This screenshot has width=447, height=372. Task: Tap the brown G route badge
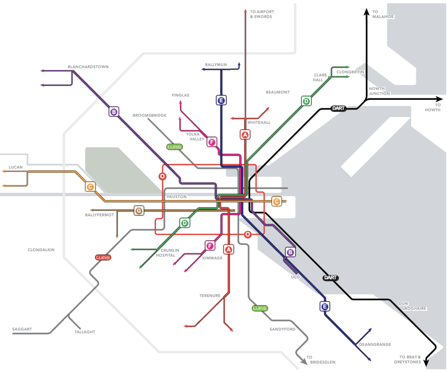pyautogui.click(x=139, y=211)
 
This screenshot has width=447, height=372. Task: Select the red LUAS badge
pyautogui.click(x=103, y=257)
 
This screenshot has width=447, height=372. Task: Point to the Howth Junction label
pyautogui.click(x=379, y=91)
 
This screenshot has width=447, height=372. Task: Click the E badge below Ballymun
pyautogui.click(x=221, y=100)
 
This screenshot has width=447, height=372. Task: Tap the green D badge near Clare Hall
pyautogui.click(x=306, y=101)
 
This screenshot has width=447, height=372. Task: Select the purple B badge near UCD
pyautogui.click(x=290, y=252)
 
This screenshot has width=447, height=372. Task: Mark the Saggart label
pyautogui.click(x=22, y=329)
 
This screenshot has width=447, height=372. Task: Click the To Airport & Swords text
pyautogui.click(x=262, y=14)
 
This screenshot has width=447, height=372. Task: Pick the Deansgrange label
pyautogui.click(x=375, y=344)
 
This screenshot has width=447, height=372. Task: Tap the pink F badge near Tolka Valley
pyautogui.click(x=212, y=142)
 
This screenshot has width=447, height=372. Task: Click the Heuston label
pyautogui.click(x=176, y=196)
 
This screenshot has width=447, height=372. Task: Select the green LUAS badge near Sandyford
pyautogui.click(x=260, y=308)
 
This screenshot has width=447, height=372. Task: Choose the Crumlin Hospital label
pyautogui.click(x=168, y=253)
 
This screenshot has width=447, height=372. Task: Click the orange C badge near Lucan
pyautogui.click(x=90, y=187)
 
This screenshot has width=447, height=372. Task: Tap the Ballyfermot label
pyautogui.click(x=99, y=215)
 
